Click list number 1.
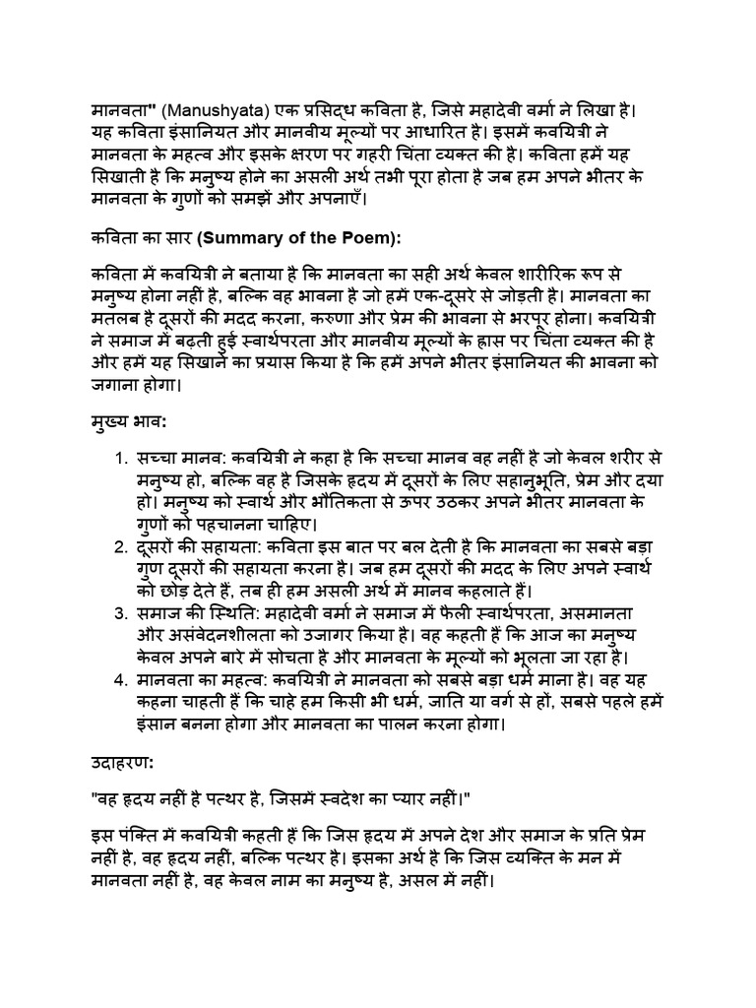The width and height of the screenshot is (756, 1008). tap(117, 461)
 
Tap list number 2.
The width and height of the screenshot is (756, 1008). tap(117, 547)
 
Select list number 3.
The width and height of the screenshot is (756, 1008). tap(117, 612)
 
